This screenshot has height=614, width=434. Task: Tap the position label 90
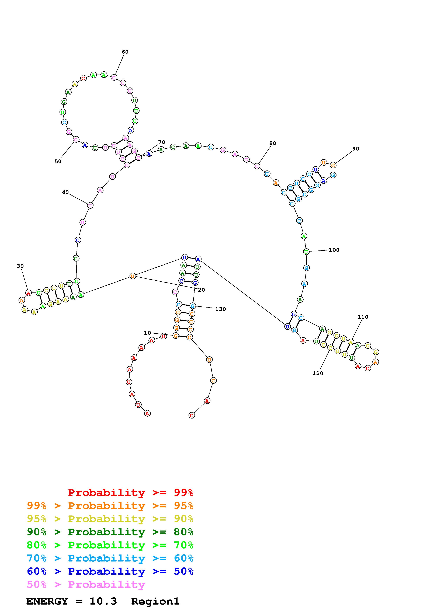[x=356, y=149]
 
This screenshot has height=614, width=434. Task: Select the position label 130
[x=221, y=309]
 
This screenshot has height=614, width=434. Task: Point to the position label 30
[x=20, y=266]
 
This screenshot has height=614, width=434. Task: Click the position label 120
[x=318, y=373]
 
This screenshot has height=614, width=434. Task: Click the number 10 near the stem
[x=148, y=333]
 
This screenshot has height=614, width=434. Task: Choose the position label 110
[x=363, y=317]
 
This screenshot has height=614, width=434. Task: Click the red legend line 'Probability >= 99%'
[x=131, y=492]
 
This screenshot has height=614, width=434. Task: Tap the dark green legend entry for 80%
[x=110, y=532]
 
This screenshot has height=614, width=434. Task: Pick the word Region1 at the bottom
[x=155, y=601]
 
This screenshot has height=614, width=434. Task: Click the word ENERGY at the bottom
[x=47, y=601]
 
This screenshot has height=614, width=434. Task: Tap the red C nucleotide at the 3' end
[x=192, y=415]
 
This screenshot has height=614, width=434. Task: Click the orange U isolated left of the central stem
[x=133, y=276]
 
